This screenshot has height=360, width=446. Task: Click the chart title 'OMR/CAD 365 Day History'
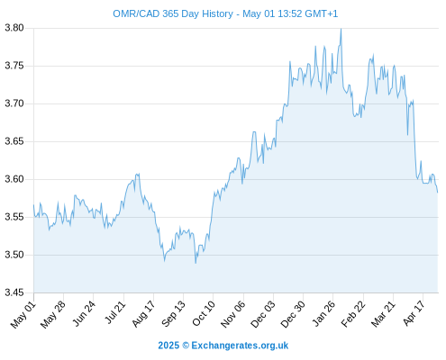click(x=173, y=13)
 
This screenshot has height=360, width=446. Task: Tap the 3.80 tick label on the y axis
click(x=14, y=28)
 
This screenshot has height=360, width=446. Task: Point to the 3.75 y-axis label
click(x=14, y=66)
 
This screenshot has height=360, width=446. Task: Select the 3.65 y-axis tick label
click(x=14, y=141)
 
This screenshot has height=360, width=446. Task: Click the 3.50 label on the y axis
click(x=14, y=255)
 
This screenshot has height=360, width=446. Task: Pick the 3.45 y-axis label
click(x=14, y=292)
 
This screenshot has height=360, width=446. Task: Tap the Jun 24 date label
click(x=84, y=313)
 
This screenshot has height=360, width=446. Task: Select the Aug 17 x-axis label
click(x=143, y=314)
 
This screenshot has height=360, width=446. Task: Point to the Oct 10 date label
click(x=204, y=313)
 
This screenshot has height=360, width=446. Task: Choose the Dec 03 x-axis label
click(x=263, y=314)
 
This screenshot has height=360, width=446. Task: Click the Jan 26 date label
click(x=323, y=313)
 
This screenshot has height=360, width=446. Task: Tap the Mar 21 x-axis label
click(x=383, y=314)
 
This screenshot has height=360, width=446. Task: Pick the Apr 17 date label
click(x=414, y=313)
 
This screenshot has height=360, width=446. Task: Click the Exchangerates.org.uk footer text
click(x=240, y=346)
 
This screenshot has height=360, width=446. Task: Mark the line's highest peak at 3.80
click(x=341, y=29)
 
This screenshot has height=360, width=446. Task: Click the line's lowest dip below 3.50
click(x=196, y=263)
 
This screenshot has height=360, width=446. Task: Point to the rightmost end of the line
click(x=438, y=193)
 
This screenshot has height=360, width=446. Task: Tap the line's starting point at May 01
click(x=33, y=205)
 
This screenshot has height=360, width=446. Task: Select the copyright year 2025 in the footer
click(x=168, y=346)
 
